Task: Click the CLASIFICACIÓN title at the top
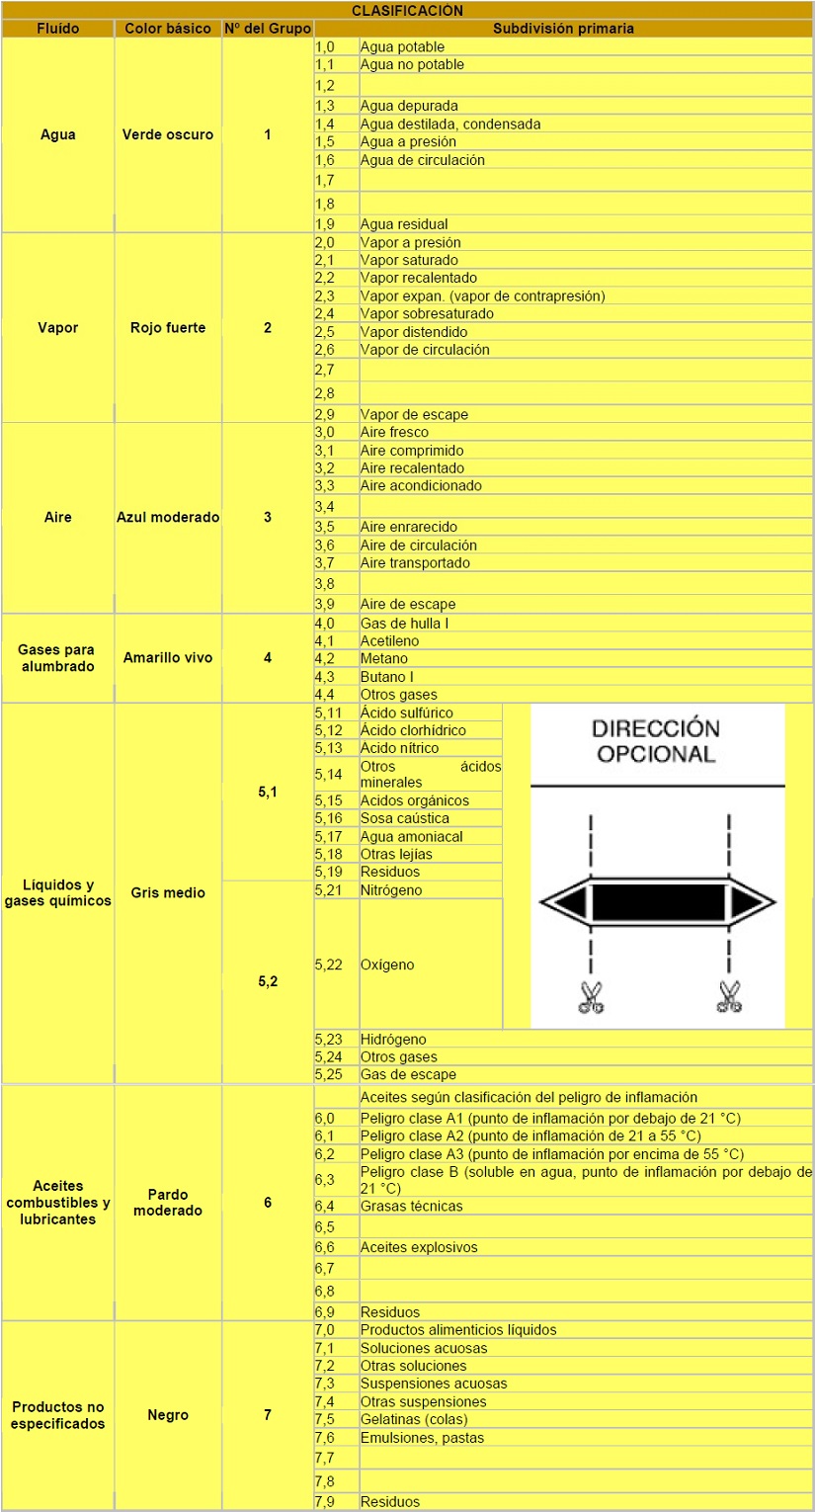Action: pyautogui.click(x=407, y=11)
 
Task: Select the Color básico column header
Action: pyautogui.click(x=168, y=29)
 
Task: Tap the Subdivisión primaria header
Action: pyautogui.click(x=563, y=29)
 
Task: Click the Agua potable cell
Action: pyautogui.click(x=402, y=47)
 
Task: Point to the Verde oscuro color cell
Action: pyautogui.click(x=168, y=134)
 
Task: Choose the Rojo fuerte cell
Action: pyautogui.click(x=168, y=327)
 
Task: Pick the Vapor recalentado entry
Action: pyautogui.click(x=419, y=278)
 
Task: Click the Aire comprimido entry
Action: pyautogui.click(x=412, y=451)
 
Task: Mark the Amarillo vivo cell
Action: pyautogui.click(x=168, y=658)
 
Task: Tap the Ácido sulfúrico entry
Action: pyautogui.click(x=407, y=713)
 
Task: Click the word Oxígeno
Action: pyautogui.click(x=387, y=965)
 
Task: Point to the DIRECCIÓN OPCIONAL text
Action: pyautogui.click(x=655, y=741)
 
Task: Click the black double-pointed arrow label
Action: pyautogui.click(x=658, y=902)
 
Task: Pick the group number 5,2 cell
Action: pyautogui.click(x=268, y=981)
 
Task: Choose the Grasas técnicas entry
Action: pyautogui.click(x=411, y=1206)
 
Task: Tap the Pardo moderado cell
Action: pyautogui.click(x=168, y=1203)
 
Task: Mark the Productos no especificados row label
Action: pyautogui.click(x=58, y=1415)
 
